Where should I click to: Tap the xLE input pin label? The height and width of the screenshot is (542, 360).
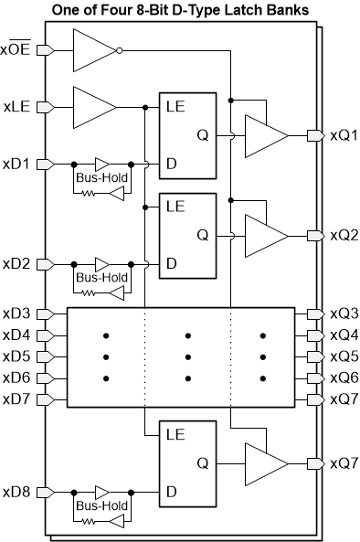click(18, 107)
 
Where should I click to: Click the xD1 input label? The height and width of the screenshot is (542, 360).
click(16, 165)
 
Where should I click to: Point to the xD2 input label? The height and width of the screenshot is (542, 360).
click(16, 264)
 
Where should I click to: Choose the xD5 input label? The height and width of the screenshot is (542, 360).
click(16, 356)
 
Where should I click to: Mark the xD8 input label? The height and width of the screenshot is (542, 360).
click(16, 493)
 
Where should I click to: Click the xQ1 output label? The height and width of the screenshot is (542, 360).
click(343, 136)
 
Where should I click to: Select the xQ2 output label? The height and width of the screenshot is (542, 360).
click(343, 235)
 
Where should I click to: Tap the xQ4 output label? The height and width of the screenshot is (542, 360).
click(343, 335)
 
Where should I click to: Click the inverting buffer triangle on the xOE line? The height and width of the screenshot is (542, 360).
click(94, 49)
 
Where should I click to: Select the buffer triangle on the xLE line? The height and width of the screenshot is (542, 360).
click(94, 107)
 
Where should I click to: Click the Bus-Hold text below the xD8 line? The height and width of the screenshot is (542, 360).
click(101, 505)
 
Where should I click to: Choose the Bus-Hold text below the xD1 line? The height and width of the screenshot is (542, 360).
click(101, 177)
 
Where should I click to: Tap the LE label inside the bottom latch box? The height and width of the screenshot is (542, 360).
click(176, 434)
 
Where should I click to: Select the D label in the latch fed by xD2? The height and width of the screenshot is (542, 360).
click(171, 264)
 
